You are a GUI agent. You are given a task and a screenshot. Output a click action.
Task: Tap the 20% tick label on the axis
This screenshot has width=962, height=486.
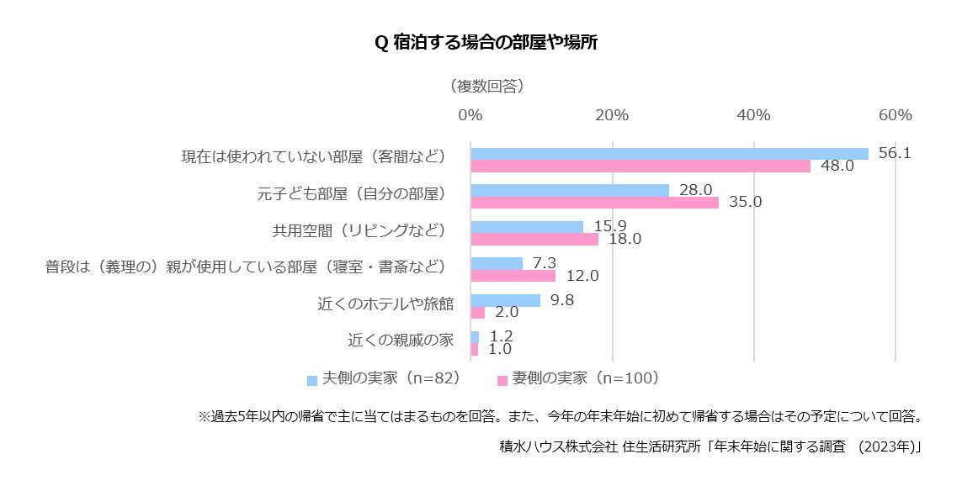612,114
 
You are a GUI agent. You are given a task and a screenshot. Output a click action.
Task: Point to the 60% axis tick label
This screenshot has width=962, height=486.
895,114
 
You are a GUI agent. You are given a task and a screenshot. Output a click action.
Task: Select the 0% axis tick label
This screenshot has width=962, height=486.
470,114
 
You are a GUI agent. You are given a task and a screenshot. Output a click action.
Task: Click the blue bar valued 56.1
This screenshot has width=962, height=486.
669,154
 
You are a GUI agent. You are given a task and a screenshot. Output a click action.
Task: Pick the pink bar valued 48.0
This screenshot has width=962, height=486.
640,166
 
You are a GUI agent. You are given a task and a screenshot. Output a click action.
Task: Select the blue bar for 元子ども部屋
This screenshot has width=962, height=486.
570,191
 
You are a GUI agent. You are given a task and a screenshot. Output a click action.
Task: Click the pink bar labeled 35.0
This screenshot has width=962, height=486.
594,203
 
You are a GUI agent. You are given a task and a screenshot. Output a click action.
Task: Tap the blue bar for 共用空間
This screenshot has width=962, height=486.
527,227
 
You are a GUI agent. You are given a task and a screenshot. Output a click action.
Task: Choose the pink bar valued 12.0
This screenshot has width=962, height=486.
513,276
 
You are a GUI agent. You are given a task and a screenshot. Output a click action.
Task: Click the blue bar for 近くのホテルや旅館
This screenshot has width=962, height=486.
505,300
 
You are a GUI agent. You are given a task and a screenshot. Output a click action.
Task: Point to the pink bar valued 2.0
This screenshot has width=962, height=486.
477,313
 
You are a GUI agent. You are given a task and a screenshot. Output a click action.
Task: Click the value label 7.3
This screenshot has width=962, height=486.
545,263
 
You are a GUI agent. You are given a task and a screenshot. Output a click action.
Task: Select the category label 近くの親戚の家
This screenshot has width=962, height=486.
401,341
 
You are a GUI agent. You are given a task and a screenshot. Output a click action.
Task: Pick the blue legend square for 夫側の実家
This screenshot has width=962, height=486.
312,380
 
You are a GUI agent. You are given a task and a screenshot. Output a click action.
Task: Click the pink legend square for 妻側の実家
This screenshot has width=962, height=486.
502,380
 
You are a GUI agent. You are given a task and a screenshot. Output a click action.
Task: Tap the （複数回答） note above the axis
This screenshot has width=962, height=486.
486,86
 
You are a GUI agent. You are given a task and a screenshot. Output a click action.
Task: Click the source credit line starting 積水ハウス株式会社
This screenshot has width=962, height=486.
710,447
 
